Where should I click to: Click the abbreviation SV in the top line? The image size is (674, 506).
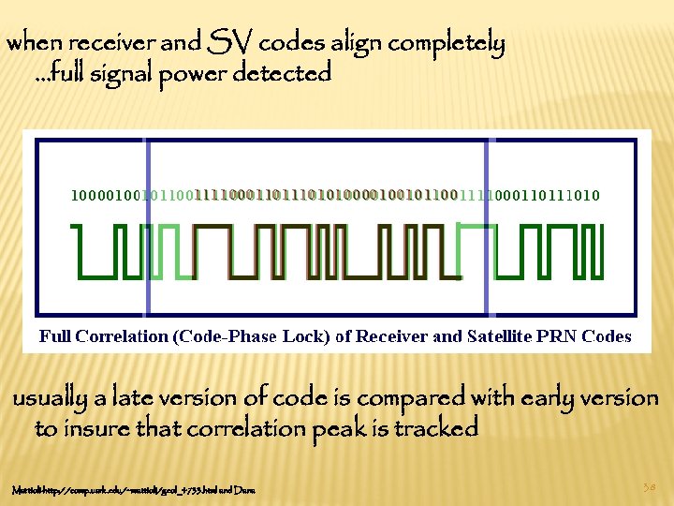pos(232,42)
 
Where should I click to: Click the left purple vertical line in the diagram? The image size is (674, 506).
pos(146,225)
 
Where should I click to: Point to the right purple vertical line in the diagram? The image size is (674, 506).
pos(487,225)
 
